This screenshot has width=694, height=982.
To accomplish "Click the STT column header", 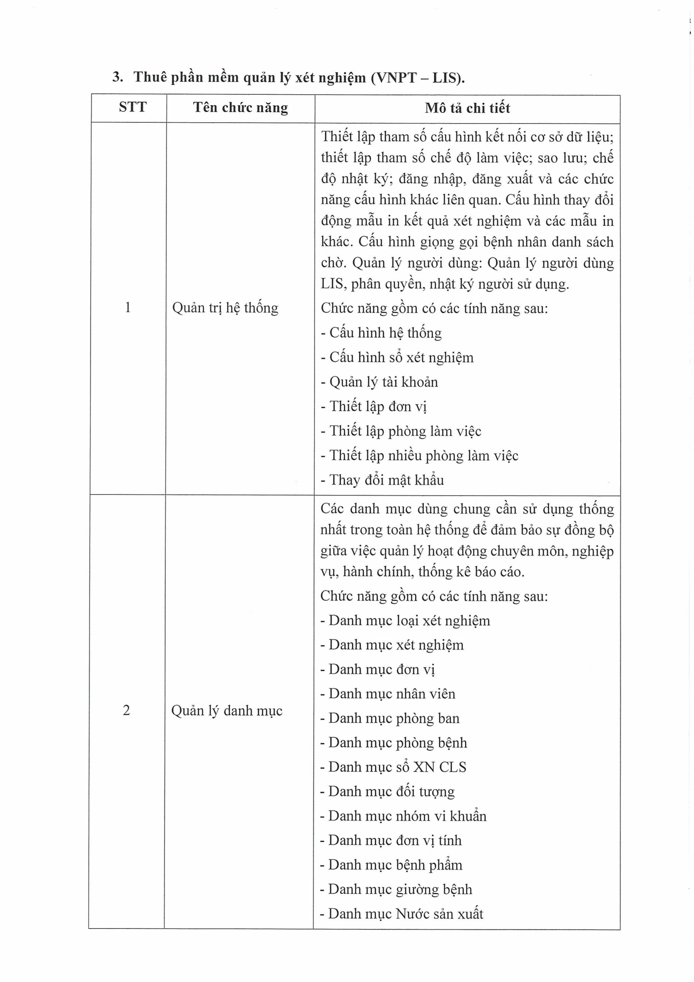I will pos(133,107).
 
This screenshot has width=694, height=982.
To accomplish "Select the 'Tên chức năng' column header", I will pos(240,107).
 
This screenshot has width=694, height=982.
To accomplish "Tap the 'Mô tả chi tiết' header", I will pos(467,108).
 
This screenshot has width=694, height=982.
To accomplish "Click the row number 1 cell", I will pos(127,308).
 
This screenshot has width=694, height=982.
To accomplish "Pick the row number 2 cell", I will pos(126,710).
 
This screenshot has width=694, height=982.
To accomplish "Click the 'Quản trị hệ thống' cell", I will pos(225,308).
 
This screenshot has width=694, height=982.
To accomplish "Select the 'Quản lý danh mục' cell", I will pos(227,711).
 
